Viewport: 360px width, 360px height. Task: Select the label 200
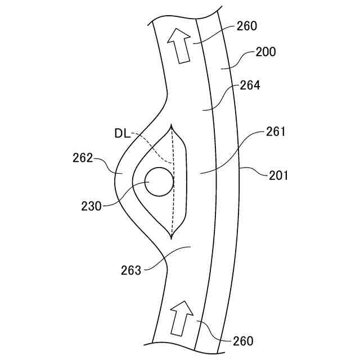coord(265,52)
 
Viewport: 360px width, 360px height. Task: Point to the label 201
coord(278,175)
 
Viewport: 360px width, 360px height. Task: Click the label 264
coord(250,85)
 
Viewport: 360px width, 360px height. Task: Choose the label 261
coord(276,132)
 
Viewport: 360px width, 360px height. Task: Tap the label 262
coord(83,158)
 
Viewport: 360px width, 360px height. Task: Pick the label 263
coord(131,270)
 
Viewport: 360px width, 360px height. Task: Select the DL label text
coord(122,133)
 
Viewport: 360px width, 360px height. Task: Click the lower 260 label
coord(242,341)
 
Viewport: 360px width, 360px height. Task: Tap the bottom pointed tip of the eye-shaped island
coord(173,238)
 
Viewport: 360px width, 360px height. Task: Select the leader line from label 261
coord(231,154)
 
